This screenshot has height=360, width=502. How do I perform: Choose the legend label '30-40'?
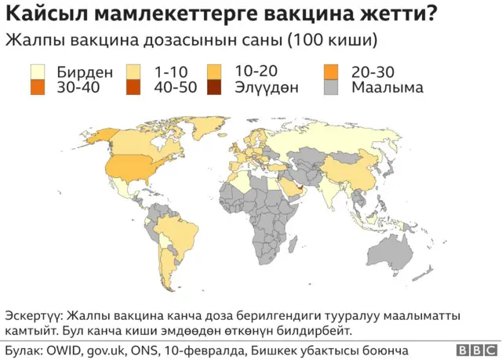click(78, 87)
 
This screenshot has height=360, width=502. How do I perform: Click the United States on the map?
click(129, 165)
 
